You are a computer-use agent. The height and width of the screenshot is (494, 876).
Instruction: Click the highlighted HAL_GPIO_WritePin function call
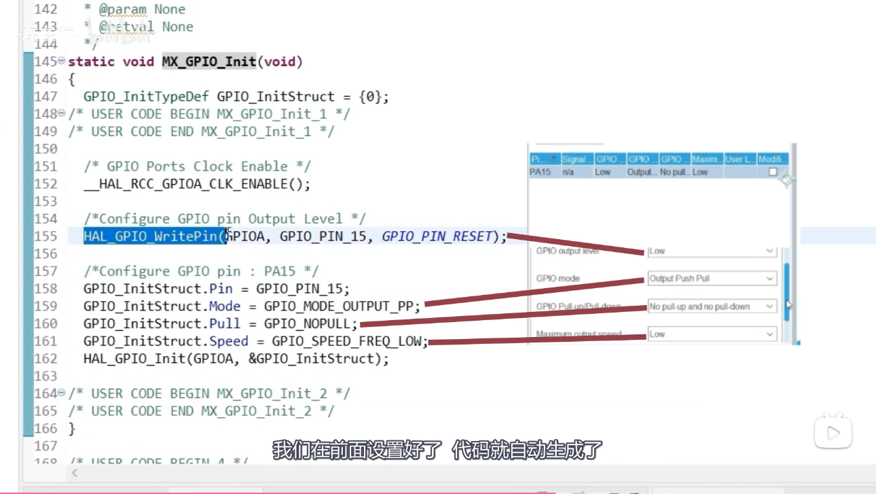coord(153,236)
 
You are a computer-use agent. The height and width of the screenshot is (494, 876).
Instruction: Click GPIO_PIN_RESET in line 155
coord(437,236)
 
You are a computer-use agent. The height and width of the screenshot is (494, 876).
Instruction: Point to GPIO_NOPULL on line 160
coord(310,323)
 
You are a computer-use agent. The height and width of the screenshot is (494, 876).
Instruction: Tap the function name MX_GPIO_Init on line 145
coord(208,62)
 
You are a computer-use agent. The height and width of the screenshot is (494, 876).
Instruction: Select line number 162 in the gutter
coord(45,359)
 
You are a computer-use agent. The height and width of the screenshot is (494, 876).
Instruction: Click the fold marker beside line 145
coord(62,61)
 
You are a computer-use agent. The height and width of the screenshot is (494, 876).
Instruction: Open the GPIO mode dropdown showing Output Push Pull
coord(712,279)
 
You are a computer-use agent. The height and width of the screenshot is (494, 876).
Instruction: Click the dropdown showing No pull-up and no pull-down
coord(712,306)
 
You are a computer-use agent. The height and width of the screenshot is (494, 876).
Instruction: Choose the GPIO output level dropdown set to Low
coord(712,251)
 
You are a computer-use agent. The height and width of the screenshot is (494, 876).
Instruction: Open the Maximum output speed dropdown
coord(712,334)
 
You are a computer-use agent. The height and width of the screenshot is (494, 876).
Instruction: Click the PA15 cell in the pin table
coord(540,173)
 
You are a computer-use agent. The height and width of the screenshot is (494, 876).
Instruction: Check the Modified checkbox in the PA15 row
coord(773,173)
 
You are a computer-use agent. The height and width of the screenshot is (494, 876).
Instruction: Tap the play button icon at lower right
coord(833,433)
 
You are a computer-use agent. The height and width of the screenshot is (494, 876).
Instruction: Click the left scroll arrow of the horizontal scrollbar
coord(75,473)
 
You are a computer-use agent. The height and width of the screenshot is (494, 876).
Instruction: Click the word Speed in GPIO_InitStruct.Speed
coord(228,341)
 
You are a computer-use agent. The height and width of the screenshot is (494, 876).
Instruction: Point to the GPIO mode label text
coord(558,279)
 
